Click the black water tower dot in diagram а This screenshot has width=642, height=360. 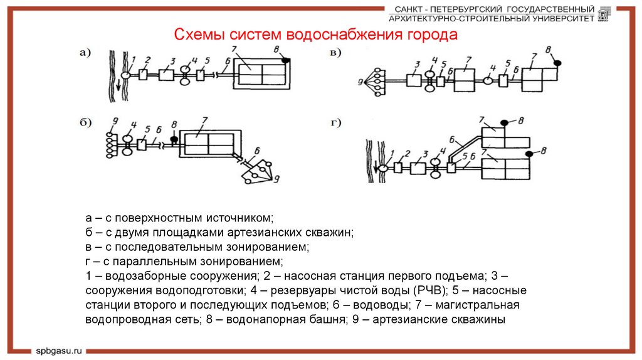(286, 60)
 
